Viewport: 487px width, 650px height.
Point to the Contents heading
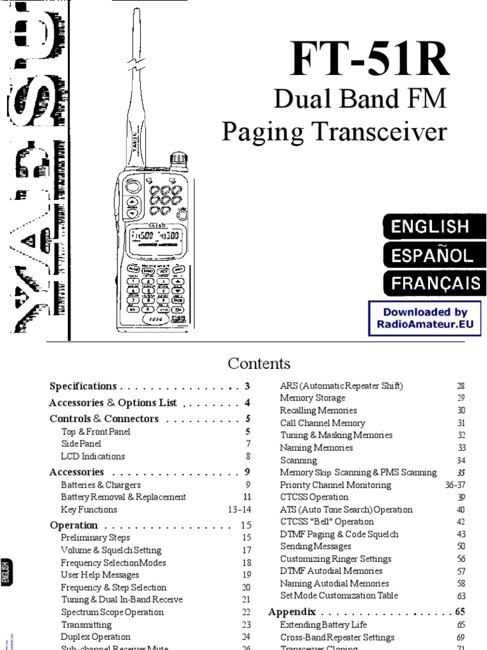pos(259,364)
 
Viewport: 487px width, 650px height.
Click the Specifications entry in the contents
pos(83,386)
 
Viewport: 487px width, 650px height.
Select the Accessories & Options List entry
pos(113,402)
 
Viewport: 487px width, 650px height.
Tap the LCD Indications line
pos(93,456)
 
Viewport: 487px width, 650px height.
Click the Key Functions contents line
pos(89,509)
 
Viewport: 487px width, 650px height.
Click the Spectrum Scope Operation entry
pos(112,612)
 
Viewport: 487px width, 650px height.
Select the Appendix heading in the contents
pos(292,612)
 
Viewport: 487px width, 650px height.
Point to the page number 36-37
pos(458,485)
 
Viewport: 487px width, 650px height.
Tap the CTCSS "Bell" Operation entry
pos(327,522)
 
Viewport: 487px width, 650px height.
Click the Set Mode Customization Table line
pos(339,595)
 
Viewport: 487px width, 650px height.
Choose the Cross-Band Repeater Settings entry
pos(337,637)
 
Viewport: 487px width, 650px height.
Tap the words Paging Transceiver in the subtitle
pos(334,132)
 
